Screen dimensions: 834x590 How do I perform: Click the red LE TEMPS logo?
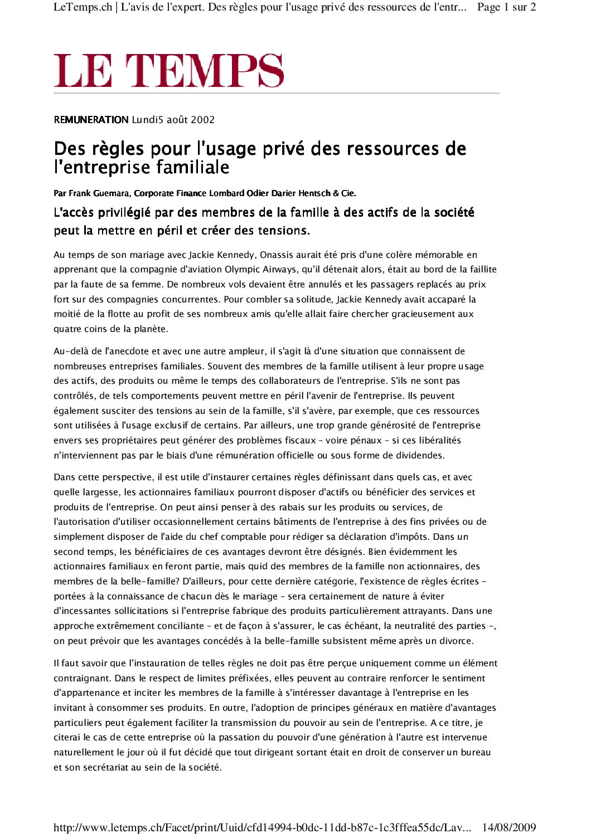point(168,71)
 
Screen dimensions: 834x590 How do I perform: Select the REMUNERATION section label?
point(91,120)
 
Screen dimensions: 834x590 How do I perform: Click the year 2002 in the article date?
point(202,120)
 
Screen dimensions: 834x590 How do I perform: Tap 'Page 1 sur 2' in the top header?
point(506,7)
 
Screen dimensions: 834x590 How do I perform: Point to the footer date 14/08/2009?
point(509,827)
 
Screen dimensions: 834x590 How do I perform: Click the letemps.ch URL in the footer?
point(263,827)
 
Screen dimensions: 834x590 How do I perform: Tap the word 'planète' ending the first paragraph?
point(148,329)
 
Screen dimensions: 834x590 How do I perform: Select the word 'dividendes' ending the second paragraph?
point(419,455)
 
